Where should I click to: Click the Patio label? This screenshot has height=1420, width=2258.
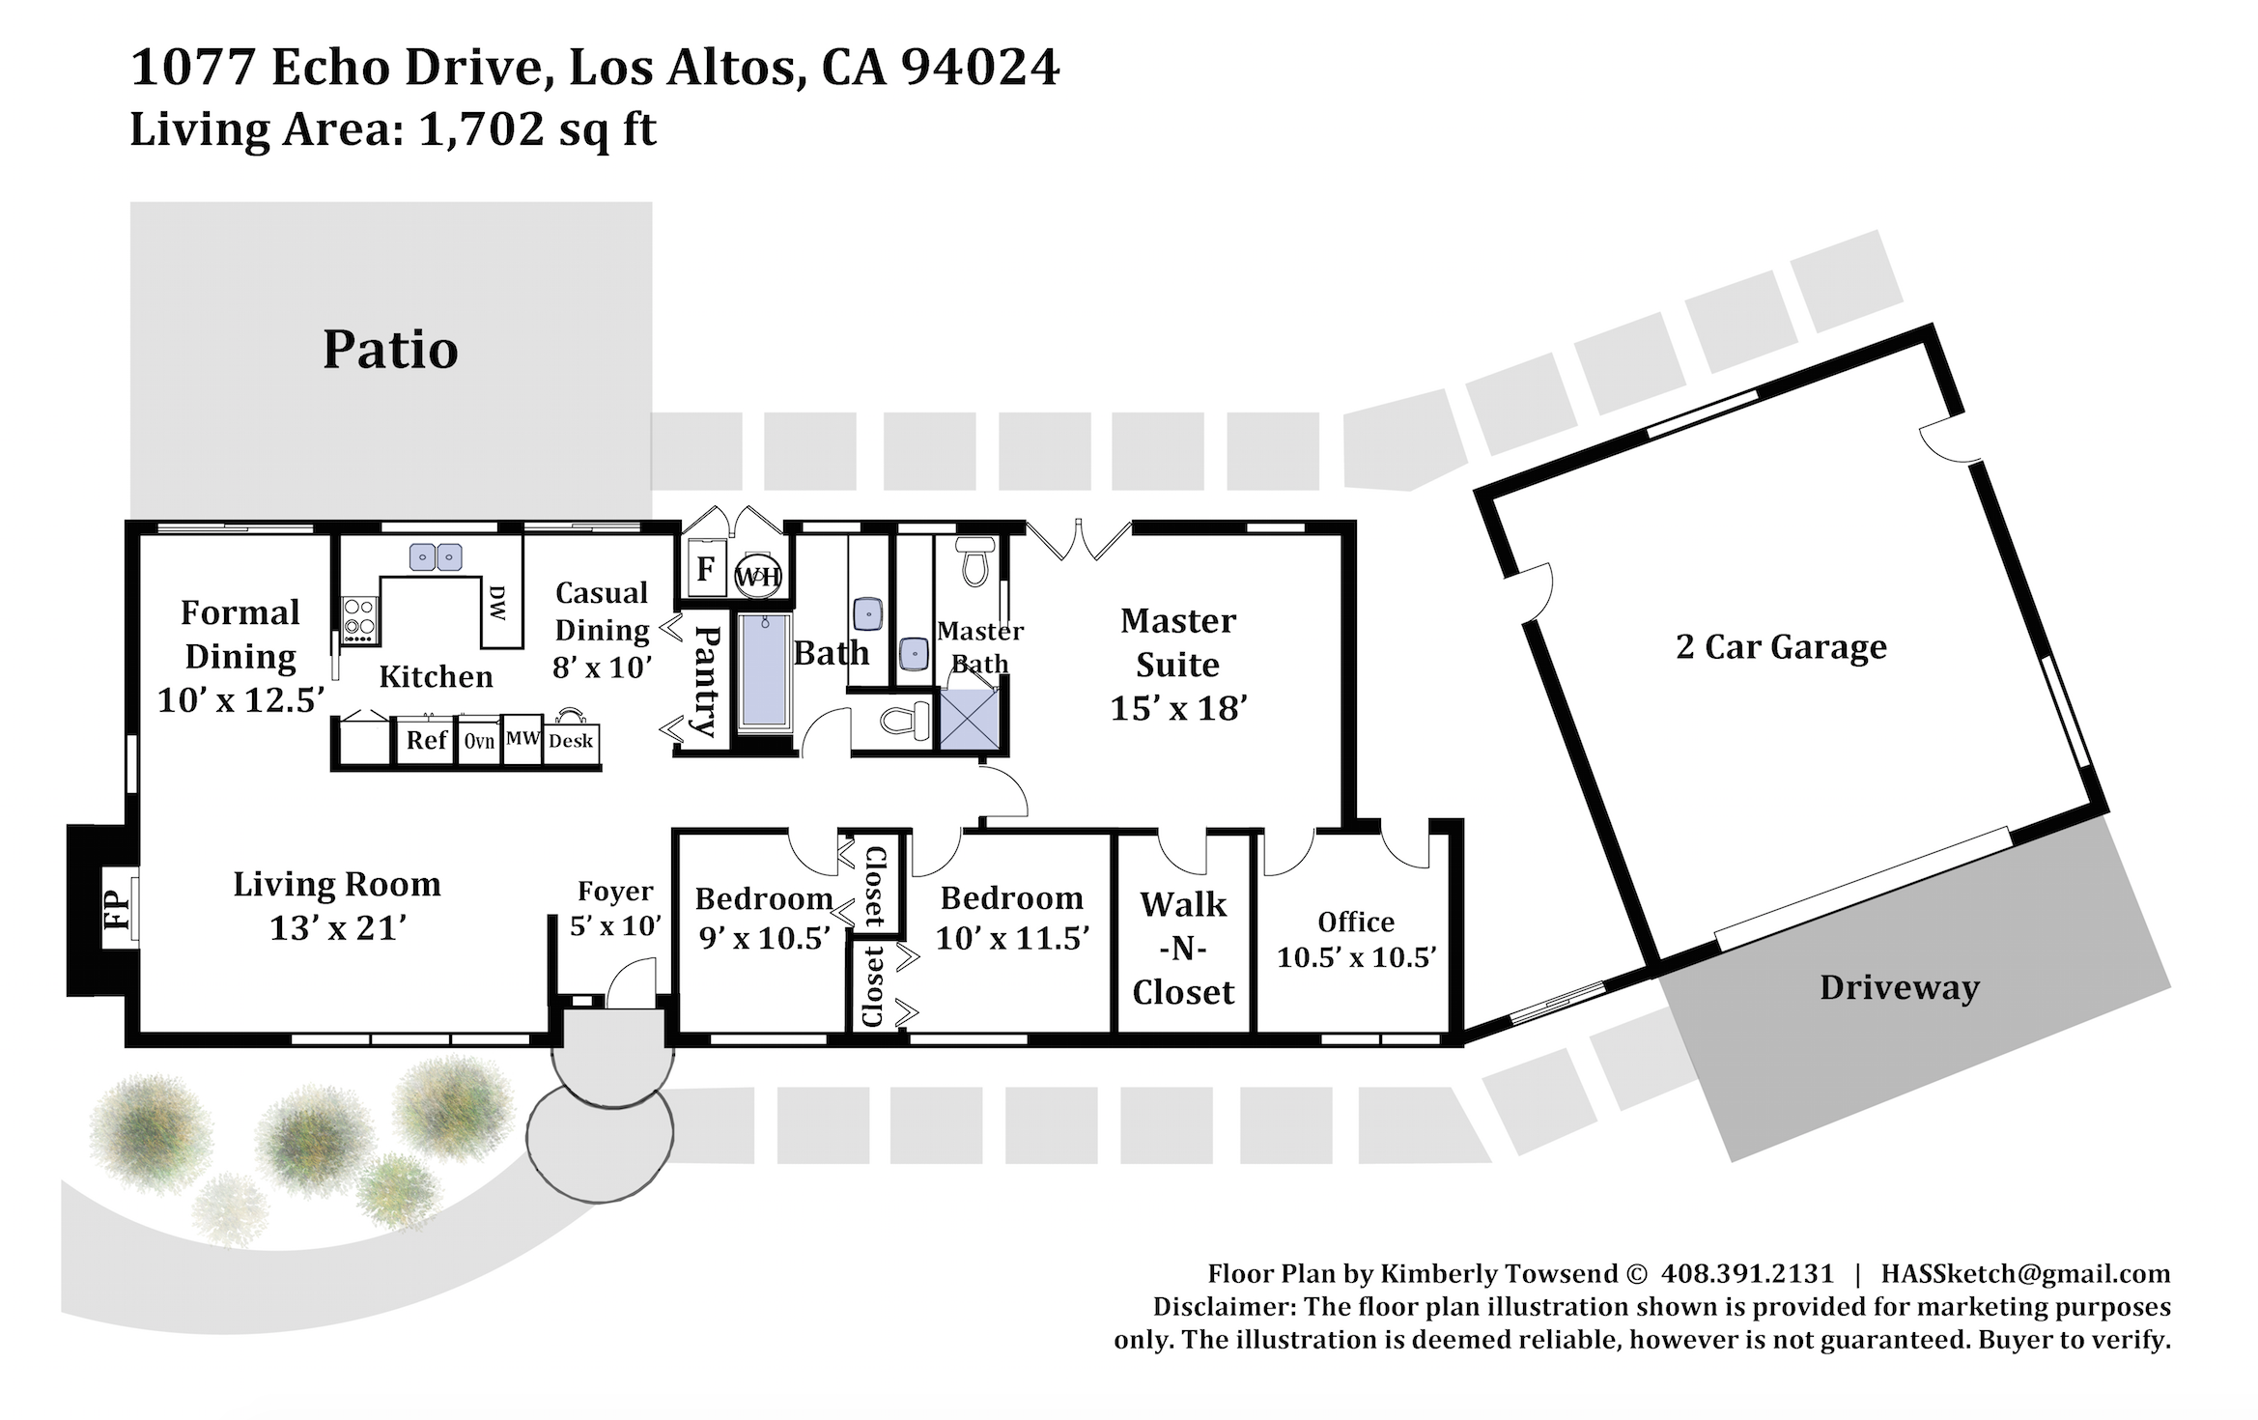tap(390, 350)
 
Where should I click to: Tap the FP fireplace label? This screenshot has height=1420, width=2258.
tap(116, 909)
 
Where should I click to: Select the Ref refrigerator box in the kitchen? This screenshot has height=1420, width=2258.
tap(426, 741)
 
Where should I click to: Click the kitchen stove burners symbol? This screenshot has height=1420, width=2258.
tap(359, 620)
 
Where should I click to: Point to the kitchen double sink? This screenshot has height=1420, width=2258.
tap(436, 557)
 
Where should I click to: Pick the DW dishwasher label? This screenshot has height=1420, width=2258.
tap(497, 603)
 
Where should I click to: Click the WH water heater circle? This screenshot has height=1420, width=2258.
tap(758, 577)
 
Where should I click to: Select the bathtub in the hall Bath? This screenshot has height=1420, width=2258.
tap(765, 670)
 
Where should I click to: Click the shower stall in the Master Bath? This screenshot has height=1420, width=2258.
tap(969, 719)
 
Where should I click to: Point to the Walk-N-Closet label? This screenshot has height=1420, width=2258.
tap(1183, 949)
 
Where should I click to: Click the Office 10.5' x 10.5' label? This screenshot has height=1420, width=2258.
tap(1356, 939)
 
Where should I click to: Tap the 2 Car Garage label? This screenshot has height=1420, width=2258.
tap(1781, 646)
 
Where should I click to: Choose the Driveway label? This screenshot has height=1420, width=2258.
tap(1900, 987)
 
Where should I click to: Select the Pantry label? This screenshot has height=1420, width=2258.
tap(708, 681)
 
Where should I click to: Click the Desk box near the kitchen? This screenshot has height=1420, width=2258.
tap(571, 741)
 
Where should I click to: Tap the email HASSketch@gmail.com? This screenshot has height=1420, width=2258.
tap(2025, 1273)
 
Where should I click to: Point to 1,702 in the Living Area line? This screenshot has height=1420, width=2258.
tap(481, 128)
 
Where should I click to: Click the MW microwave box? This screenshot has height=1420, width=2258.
tap(522, 739)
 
